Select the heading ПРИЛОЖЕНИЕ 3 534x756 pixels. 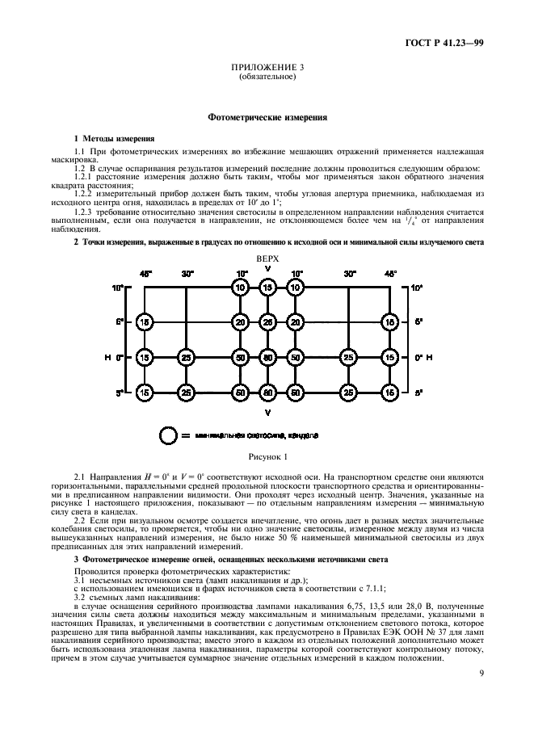coord(267,69)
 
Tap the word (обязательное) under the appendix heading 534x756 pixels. coord(267,78)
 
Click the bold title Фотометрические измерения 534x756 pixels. coord(267,117)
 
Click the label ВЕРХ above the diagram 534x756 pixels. coord(267,258)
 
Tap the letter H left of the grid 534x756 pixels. coord(108,356)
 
